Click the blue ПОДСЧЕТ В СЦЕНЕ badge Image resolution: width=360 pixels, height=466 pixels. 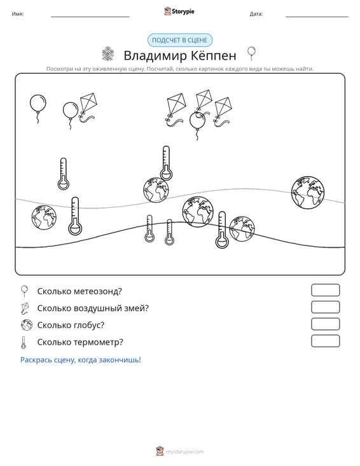click(x=180, y=40)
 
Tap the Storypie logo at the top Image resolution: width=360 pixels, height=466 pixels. click(x=179, y=11)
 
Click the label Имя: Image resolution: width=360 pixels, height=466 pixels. click(x=18, y=14)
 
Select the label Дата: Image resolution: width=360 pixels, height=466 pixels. click(x=256, y=14)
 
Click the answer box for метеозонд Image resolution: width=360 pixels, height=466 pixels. click(x=325, y=290)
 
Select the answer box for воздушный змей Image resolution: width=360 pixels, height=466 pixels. click(x=325, y=307)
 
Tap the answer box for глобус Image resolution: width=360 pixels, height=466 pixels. click(x=325, y=324)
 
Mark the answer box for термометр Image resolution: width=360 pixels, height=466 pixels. click(x=325, y=341)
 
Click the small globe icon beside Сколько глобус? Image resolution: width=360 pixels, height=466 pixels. click(x=27, y=325)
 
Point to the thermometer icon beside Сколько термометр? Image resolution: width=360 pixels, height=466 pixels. click(x=24, y=342)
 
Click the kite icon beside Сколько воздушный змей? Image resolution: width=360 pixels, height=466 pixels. click(x=25, y=308)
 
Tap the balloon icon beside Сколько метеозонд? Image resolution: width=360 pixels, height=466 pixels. click(x=24, y=291)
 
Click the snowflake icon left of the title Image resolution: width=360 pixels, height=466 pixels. click(x=108, y=54)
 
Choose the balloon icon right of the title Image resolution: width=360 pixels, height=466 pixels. click(x=251, y=53)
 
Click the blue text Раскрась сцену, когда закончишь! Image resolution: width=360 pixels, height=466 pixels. click(x=81, y=360)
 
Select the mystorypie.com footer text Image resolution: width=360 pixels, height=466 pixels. click(x=185, y=452)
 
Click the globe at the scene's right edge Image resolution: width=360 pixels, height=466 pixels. click(x=308, y=192)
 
